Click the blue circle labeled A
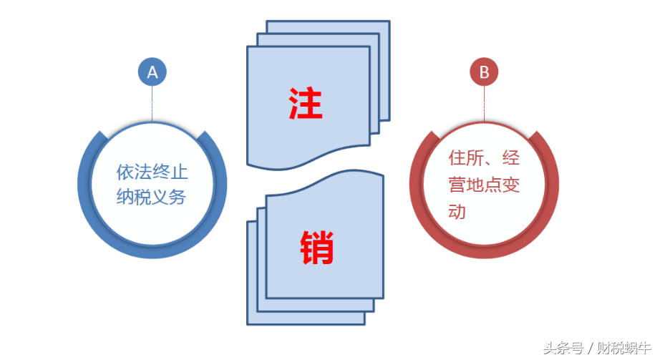pos(152,72)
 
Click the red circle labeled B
pos(484,72)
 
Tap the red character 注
pos(306,104)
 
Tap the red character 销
pos(316,247)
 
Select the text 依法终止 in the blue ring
pos(152,172)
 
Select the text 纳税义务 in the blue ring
pos(152,198)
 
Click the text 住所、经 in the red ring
pos(484,158)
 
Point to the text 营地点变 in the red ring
pos(484,185)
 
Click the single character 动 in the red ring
pos(457,212)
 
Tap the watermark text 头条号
pos(562,349)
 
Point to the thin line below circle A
pos(152,104)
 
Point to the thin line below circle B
pos(484,104)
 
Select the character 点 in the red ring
pos(493,185)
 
